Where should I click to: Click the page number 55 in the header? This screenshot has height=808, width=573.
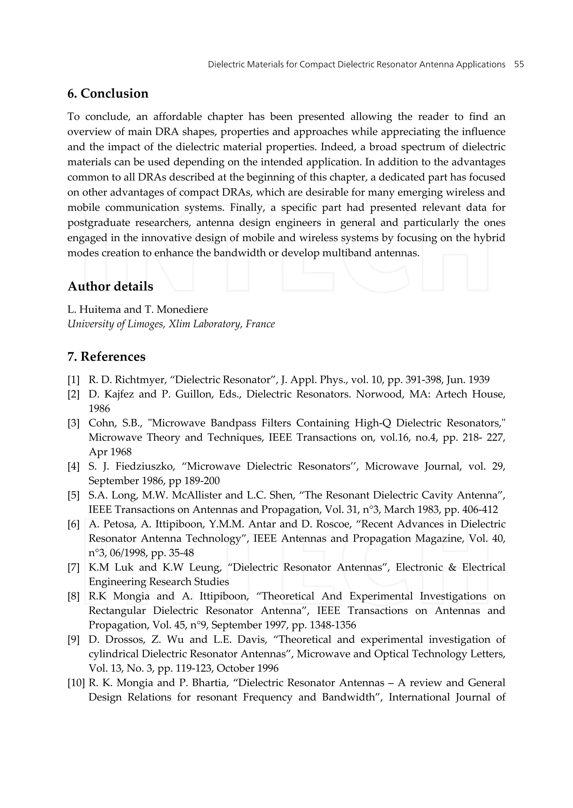519,64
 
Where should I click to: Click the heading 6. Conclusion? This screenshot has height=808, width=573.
108,93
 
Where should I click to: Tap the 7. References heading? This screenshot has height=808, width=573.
106,357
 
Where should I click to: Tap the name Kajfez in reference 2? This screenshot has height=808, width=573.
117,394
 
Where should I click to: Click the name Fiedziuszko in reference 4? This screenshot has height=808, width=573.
145,467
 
